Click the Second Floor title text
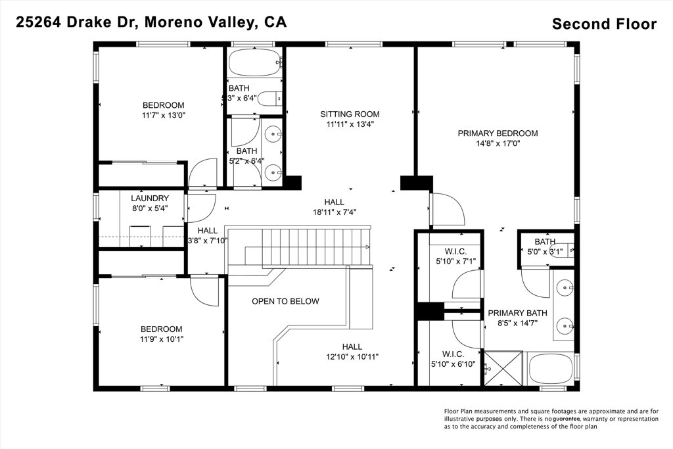604,24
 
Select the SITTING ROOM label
350,114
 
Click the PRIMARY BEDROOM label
498,133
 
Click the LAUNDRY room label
150,199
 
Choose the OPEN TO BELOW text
285,302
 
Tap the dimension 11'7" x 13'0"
164,115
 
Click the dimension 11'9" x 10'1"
161,339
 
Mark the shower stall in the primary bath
503,368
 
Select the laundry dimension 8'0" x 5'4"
150,208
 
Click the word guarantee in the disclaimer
569,419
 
